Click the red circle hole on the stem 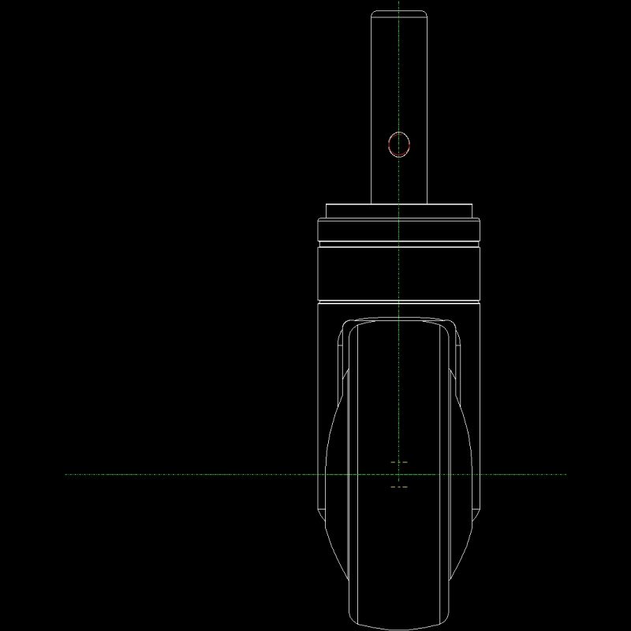[399, 144]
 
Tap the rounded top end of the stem [399, 11]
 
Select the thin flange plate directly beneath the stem [399, 211]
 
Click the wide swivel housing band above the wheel [399, 274]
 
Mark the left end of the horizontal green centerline [66, 474]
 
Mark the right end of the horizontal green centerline [566, 474]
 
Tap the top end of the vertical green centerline [400, 3]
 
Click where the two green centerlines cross [400, 474]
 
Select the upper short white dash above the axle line [399, 461]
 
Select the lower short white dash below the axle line [399, 487]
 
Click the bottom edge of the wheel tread [399, 629]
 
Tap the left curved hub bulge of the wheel [333, 473]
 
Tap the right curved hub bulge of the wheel [466, 473]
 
